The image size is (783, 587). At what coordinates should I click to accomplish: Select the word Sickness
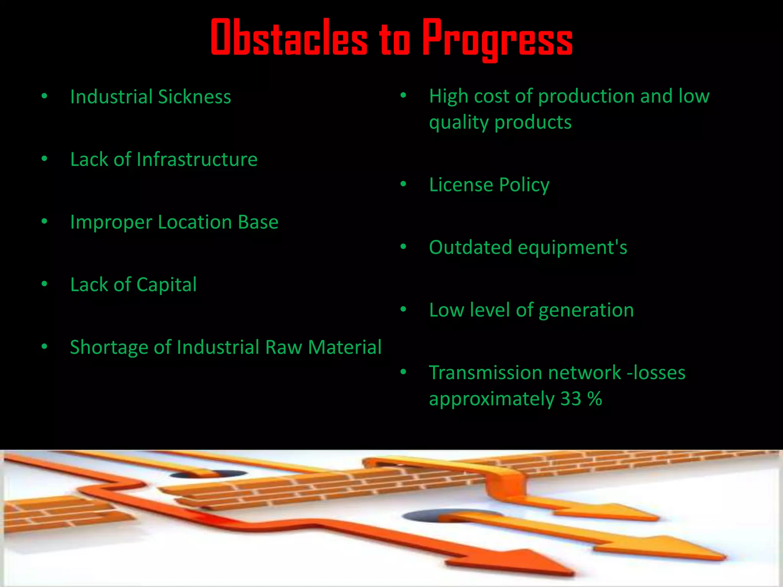coord(194,97)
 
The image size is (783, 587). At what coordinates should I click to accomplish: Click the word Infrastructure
coord(197,159)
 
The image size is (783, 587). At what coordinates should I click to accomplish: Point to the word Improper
coord(111,222)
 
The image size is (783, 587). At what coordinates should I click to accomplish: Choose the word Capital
coord(166,285)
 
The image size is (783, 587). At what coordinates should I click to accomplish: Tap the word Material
coord(344,347)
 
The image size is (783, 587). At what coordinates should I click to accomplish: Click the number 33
coord(570,399)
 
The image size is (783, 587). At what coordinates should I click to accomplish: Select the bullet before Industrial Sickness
coord(44,96)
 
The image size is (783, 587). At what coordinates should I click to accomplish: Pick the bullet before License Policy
coord(403,184)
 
